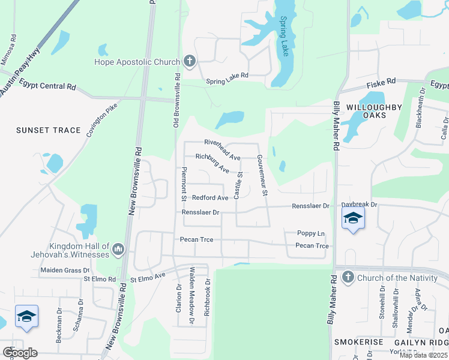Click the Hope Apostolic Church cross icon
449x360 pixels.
(x=190, y=61)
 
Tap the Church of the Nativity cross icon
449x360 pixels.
(x=347, y=277)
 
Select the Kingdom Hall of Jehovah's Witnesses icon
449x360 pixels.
(x=118, y=249)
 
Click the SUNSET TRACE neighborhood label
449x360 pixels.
(x=40, y=130)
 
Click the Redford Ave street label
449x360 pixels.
(x=210, y=197)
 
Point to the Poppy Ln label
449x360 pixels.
(x=311, y=233)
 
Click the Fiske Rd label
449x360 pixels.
(x=382, y=81)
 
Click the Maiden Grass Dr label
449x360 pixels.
(x=65, y=270)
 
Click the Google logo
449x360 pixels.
(x=20, y=353)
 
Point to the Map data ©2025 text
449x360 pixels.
(x=423, y=355)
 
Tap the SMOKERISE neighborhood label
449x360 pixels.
(x=359, y=341)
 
